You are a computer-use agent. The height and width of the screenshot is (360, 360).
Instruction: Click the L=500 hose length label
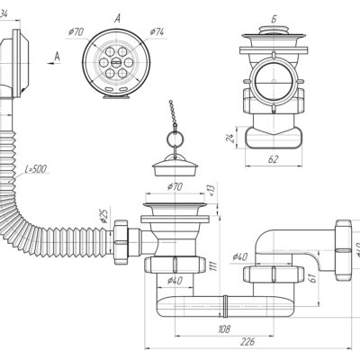pos(36,169)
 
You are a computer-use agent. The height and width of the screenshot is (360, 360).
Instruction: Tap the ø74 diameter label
pos(157,31)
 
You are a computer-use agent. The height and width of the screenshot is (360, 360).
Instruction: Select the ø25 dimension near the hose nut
pos(103,216)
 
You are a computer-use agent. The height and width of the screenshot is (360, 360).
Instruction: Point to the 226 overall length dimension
pos(247,341)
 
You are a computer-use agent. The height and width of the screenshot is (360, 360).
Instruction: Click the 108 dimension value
pos(224,328)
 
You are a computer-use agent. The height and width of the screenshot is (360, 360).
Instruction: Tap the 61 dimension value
pos(313,278)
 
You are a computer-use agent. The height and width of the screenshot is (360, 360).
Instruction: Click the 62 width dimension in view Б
pos(273,159)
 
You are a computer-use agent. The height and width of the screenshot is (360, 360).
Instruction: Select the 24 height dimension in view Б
pos(230,138)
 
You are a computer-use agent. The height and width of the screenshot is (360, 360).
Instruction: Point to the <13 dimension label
pos(211,190)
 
